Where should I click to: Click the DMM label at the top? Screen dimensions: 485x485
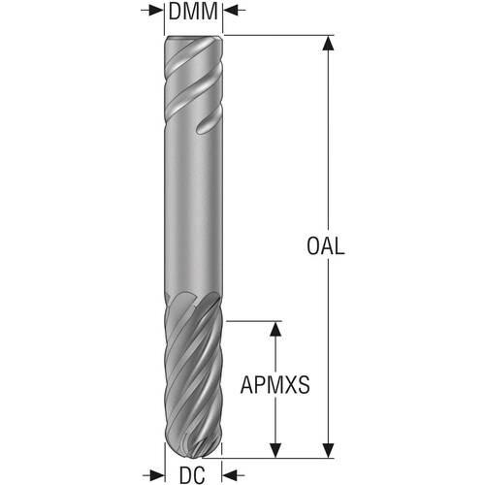click(193, 12)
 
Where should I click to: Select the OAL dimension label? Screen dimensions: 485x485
click(325, 246)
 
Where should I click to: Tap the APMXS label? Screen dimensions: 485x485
click(275, 385)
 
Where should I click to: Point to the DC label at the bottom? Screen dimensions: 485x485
click(192, 475)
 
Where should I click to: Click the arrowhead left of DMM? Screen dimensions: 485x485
click(155, 11)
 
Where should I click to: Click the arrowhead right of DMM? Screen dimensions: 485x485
click(232, 11)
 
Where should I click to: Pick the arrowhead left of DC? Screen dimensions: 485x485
click(157, 475)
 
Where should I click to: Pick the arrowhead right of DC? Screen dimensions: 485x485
click(230, 475)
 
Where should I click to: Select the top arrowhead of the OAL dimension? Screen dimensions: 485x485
click(329, 43)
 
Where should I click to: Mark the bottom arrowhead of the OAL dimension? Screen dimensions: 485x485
click(329, 450)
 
